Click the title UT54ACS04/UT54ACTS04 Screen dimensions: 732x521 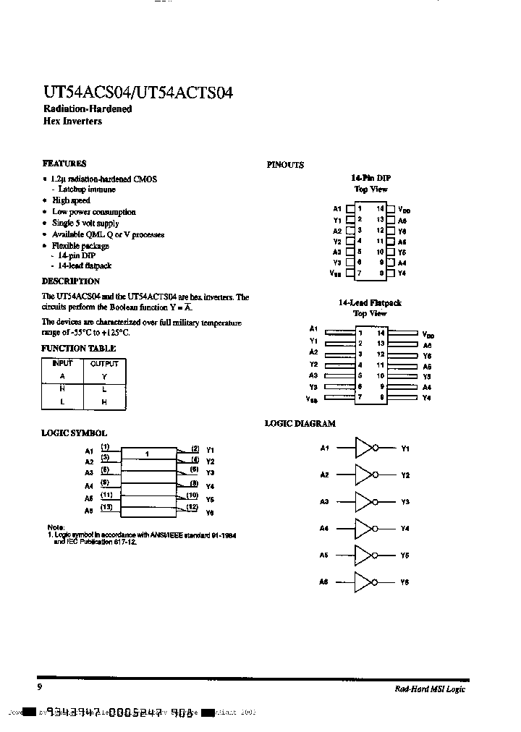click(x=137, y=93)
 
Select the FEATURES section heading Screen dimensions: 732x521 click(x=64, y=163)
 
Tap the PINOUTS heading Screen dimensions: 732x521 click(x=285, y=165)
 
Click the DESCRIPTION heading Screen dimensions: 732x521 click(x=70, y=281)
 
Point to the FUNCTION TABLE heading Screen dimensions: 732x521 click(x=78, y=349)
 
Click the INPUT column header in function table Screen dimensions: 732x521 click(x=62, y=364)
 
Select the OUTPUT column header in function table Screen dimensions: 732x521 click(x=104, y=364)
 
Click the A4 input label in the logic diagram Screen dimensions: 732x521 click(x=324, y=529)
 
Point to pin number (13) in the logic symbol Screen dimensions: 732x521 click(x=106, y=507)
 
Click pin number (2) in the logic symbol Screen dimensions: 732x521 click(x=195, y=448)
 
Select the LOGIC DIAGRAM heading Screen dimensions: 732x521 click(x=300, y=424)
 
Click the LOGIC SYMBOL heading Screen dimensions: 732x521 click(x=74, y=433)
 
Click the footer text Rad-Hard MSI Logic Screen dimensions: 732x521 click(x=430, y=689)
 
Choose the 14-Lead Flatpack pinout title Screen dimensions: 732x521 click(x=370, y=303)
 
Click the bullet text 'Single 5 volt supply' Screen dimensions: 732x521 click(x=85, y=224)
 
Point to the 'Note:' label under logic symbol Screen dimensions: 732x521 click(x=56, y=527)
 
